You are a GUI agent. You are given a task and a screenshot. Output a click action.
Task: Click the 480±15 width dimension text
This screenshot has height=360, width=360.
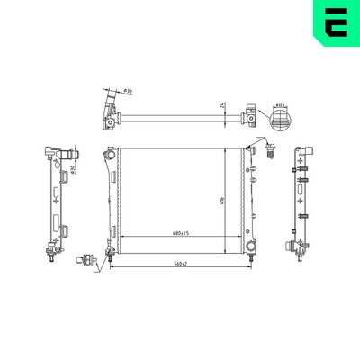pyautogui.click(x=180, y=234)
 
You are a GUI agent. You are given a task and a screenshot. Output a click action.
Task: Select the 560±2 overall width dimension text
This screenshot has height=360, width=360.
pyautogui.click(x=180, y=263)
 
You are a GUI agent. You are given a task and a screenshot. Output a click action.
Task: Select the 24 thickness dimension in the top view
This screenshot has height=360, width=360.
pyautogui.click(x=220, y=106)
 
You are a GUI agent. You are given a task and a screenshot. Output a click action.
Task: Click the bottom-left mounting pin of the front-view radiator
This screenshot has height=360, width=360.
pyautogui.click(x=111, y=257)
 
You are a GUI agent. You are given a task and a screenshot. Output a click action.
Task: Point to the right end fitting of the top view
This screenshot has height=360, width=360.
pyautogui.click(x=251, y=114)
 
